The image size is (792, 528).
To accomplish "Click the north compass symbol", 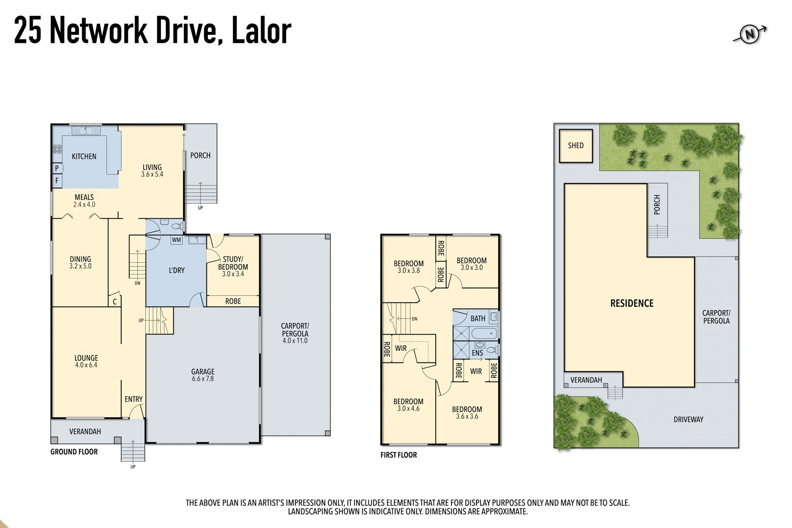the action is coord(750,34).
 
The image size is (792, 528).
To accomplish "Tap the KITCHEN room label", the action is coord(84,156).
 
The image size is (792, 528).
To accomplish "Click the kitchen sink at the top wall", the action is coord(86,130).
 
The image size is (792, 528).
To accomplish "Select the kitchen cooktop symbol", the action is coord(57,149).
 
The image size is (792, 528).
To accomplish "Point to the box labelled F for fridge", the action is coord(57,180).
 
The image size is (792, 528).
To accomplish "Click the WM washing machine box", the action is coord(176,240).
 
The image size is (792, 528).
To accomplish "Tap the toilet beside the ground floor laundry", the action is coord(178,226).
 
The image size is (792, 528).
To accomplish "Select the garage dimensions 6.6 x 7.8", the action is coord(203,379).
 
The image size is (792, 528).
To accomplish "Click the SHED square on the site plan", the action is coord(576,146).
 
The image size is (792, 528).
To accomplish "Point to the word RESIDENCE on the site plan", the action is coord(632,304).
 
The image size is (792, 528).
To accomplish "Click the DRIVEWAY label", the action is coord(688,420).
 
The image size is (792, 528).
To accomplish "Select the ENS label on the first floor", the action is coord(477,353).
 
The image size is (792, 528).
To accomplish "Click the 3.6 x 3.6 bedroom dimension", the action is coord(467,417).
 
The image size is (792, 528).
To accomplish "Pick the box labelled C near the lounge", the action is coord(115,301).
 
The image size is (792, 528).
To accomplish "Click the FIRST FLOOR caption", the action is coord(398,455).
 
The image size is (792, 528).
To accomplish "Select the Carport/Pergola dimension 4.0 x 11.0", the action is coord(295,341).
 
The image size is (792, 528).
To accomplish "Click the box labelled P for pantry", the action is coord(57,168).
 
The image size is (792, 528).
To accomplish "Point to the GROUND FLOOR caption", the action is coord(74,452).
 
